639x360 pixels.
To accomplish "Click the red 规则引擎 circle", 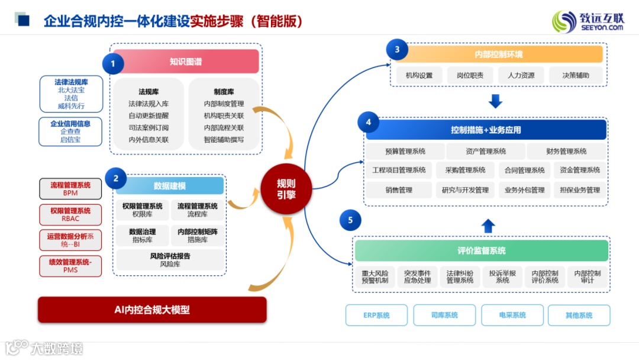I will [x=286, y=189].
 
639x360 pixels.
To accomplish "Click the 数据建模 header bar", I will [x=170, y=186].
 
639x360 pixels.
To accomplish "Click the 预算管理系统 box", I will [x=405, y=152].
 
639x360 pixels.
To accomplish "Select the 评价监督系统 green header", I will [x=481, y=251].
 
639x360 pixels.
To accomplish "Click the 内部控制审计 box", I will [x=587, y=277].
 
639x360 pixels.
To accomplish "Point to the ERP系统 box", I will [x=376, y=316].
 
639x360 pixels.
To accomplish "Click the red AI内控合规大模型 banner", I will [x=152, y=310].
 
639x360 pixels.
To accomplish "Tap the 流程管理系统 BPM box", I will [x=70, y=189].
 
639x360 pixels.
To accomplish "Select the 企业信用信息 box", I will [x=70, y=131].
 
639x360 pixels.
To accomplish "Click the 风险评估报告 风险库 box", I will [x=170, y=260].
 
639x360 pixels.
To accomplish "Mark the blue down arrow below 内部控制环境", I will [x=495, y=101].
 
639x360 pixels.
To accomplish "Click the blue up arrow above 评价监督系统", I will [x=488, y=226].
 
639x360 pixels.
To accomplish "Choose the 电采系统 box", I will [x=512, y=316].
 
